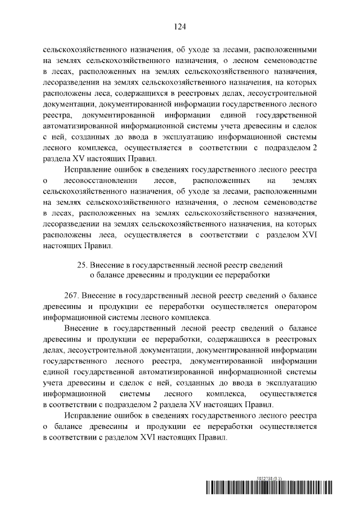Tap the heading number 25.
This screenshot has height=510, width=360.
82,265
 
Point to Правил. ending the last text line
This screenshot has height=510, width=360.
214,437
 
